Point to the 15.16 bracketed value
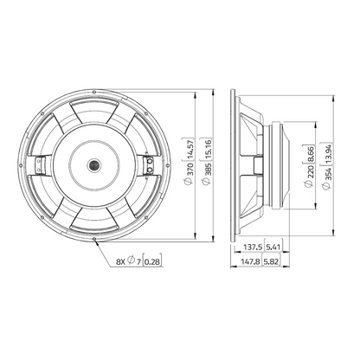coord(209,149)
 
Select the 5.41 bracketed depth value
coord(273,247)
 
